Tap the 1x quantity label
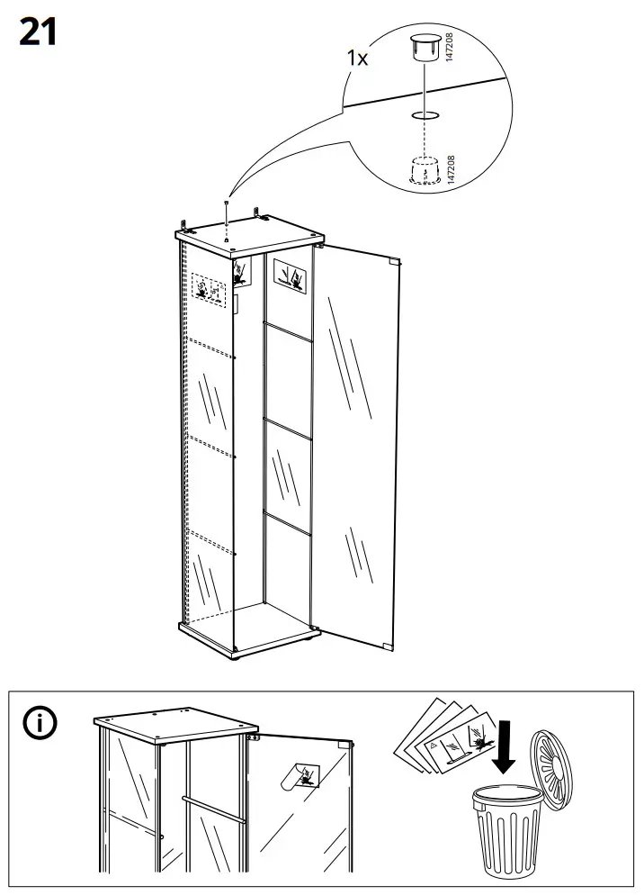tap(358, 58)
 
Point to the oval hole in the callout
tap(422, 115)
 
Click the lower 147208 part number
tap(451, 170)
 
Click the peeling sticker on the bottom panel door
tap(299, 773)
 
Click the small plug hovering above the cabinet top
tap(227, 206)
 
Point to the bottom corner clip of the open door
tap(388, 646)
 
